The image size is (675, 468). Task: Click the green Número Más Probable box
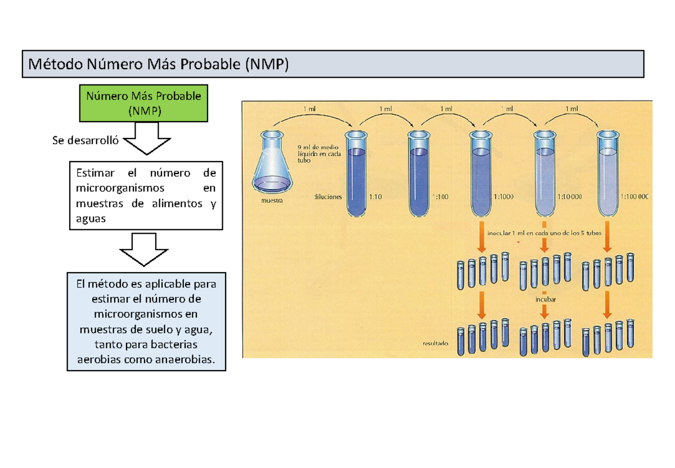click(x=143, y=104)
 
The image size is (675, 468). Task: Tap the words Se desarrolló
click(x=85, y=141)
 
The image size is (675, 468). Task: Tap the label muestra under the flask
click(x=272, y=200)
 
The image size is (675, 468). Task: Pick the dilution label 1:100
click(x=442, y=197)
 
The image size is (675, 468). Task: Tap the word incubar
click(x=546, y=300)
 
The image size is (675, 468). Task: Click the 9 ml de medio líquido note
click(x=317, y=151)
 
